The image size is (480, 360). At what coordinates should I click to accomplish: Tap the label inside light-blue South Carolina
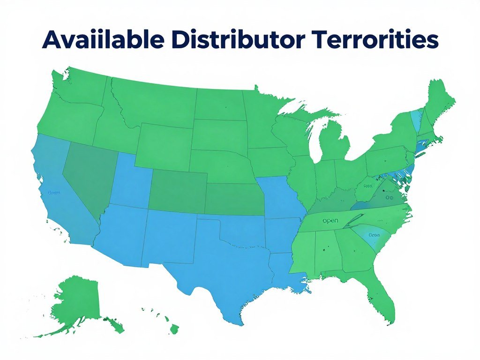(374, 234)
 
